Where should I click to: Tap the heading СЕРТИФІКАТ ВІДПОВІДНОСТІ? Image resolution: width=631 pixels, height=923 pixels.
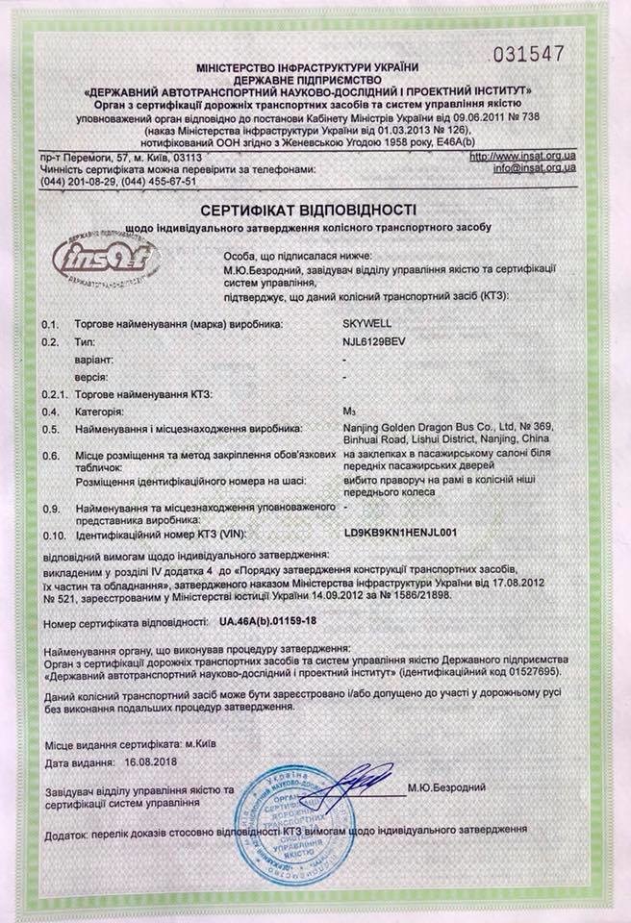coord(308,209)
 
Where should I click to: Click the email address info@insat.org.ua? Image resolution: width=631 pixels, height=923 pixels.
coord(534,167)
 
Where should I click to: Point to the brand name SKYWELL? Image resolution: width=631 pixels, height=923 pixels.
coord(366,325)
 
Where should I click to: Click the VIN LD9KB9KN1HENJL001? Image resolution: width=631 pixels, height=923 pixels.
coord(399,529)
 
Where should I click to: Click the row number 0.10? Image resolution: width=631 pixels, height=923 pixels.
coord(54,530)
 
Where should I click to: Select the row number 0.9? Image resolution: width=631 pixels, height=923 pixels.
coord(52,506)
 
